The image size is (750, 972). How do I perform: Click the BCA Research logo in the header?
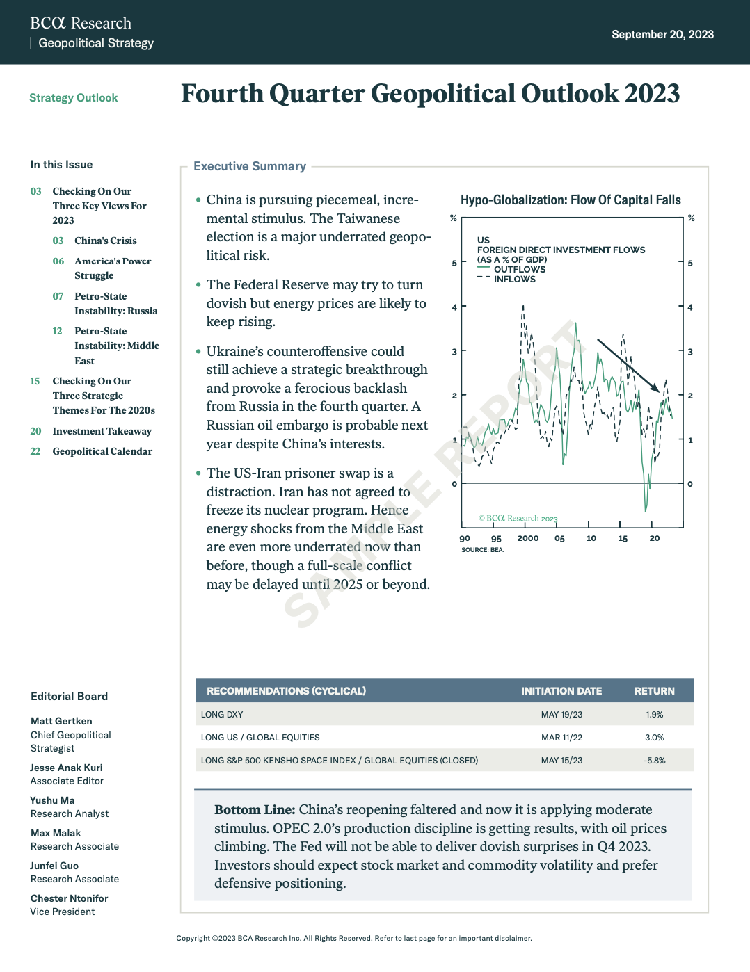click(x=81, y=23)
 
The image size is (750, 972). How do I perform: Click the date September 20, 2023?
click(x=662, y=34)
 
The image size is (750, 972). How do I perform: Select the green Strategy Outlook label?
click(x=73, y=98)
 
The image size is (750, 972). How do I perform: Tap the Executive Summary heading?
click(x=250, y=166)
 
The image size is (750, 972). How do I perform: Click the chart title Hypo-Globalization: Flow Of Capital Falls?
click(x=571, y=200)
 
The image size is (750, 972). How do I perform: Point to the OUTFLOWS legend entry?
click(x=519, y=269)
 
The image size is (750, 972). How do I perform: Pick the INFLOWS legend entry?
click(x=514, y=279)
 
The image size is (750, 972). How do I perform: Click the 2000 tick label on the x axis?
click(x=527, y=538)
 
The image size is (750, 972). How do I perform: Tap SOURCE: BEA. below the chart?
click(x=482, y=550)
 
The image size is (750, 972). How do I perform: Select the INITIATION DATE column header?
click(x=561, y=691)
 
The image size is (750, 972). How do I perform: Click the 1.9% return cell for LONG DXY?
click(x=654, y=715)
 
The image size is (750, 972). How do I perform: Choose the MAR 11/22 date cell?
click(x=561, y=738)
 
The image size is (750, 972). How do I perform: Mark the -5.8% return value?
click(x=654, y=761)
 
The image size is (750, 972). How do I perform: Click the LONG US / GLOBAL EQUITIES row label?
click(x=260, y=738)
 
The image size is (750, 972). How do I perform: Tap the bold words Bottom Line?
click(x=255, y=810)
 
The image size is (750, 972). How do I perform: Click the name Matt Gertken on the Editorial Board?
click(x=61, y=721)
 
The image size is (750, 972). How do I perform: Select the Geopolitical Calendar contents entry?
click(x=102, y=451)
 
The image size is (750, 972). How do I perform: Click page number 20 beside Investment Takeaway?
click(x=35, y=431)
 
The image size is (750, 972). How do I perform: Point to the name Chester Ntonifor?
click(x=69, y=898)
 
